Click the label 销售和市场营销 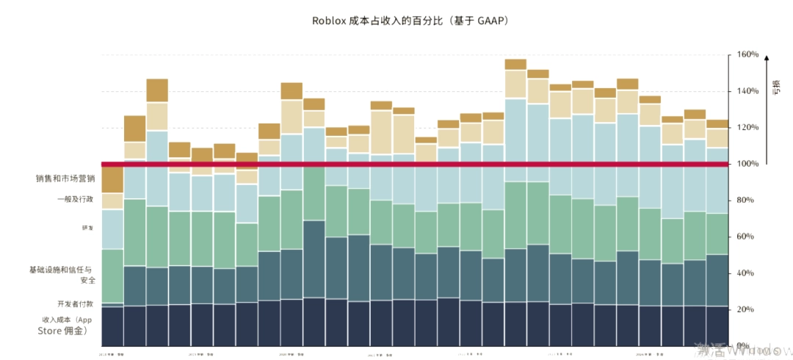click(x=65, y=179)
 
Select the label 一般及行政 click(x=76, y=199)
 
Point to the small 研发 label click(x=88, y=228)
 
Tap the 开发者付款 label click(x=76, y=303)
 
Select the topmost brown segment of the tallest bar click(x=515, y=64)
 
